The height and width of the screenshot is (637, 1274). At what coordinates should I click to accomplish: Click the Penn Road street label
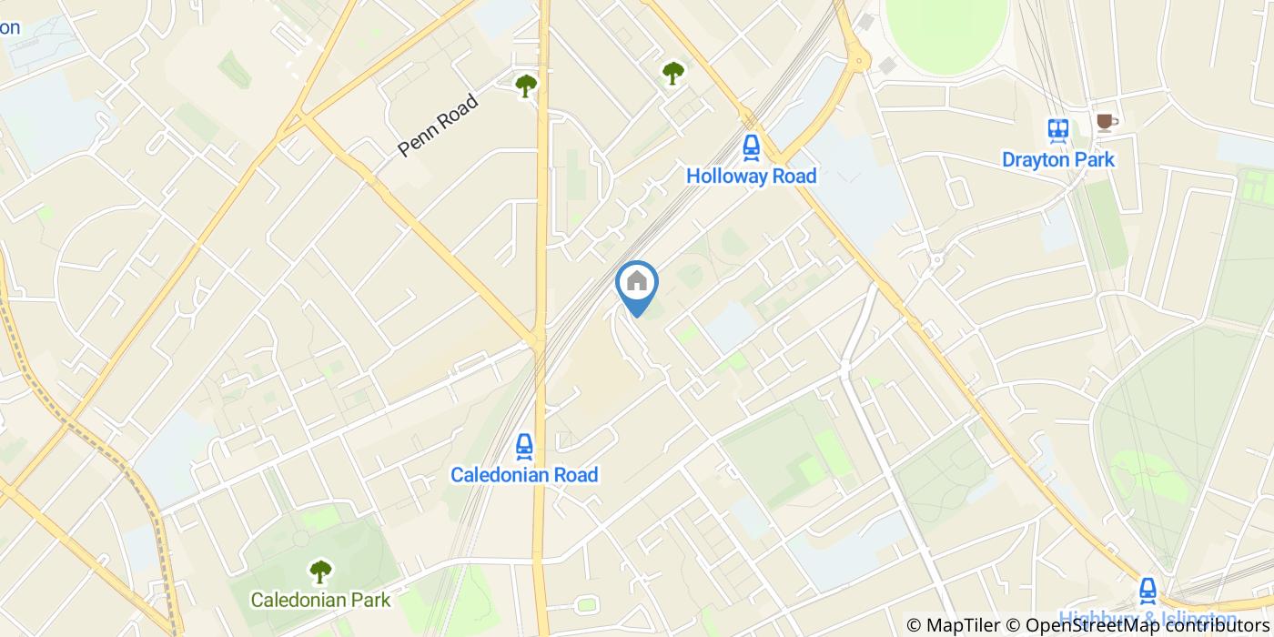tap(439, 126)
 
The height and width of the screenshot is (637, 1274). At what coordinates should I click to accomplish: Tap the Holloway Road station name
tap(752, 176)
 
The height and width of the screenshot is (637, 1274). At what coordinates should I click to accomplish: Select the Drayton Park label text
tap(1057, 160)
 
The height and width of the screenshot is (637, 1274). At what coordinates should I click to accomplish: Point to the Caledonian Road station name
tap(525, 475)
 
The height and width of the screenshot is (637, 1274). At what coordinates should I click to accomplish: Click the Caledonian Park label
tap(320, 600)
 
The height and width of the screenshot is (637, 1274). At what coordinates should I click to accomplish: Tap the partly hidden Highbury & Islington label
tap(1147, 618)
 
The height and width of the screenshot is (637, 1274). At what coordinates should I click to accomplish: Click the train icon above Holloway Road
tap(751, 146)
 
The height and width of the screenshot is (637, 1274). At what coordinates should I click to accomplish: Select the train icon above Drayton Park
tap(1057, 130)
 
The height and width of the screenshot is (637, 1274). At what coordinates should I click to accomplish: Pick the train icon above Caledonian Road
tap(524, 445)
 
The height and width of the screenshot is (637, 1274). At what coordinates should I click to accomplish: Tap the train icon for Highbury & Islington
tap(1148, 589)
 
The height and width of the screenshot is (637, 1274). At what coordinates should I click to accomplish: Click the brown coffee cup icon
tap(1105, 122)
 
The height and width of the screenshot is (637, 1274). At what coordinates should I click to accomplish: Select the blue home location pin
tap(637, 283)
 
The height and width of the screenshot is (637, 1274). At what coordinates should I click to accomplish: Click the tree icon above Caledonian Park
tap(320, 571)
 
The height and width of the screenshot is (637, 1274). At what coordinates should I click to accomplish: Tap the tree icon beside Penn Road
tap(525, 86)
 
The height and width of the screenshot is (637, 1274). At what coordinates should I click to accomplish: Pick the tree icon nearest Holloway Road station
tap(672, 73)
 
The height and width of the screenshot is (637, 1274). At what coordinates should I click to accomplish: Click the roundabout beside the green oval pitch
tap(858, 62)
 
